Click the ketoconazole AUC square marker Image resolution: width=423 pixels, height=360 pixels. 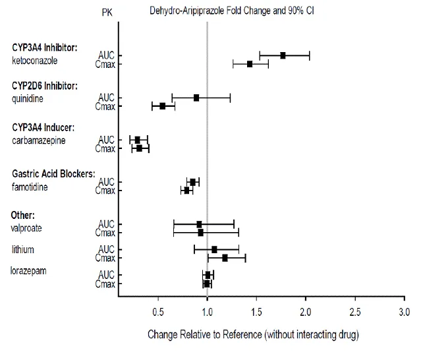pyautogui.click(x=283, y=55)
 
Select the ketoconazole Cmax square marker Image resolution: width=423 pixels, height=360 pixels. pyautogui.click(x=250, y=64)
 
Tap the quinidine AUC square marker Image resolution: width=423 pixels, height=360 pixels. pyautogui.click(x=196, y=98)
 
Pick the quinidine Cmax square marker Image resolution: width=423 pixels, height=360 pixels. pyautogui.click(x=163, y=106)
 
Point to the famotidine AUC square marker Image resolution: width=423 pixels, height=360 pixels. pyautogui.click(x=192, y=182)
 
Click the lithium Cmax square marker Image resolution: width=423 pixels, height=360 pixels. pyautogui.click(x=225, y=258)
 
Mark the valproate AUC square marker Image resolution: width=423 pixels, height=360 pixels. pyautogui.click(x=199, y=224)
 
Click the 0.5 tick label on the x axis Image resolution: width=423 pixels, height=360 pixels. pyautogui.click(x=158, y=311)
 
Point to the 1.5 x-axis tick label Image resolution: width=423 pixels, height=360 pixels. pyautogui.click(x=256, y=311)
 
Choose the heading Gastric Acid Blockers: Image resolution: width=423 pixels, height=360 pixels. pyautogui.click(x=53, y=174)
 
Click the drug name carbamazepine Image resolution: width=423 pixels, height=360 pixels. pyautogui.click(x=39, y=140)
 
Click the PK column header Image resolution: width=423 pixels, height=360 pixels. pyautogui.click(x=107, y=13)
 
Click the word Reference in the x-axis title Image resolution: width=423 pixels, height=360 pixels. pyautogui.click(x=240, y=335)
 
